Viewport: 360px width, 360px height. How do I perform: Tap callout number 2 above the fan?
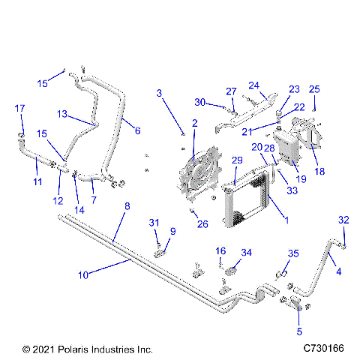194,122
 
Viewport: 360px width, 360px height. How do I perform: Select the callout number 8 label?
127,205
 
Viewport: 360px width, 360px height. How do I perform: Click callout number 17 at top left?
19,109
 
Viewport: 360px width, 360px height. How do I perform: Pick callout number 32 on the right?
344,220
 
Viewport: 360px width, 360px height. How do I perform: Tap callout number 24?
254,85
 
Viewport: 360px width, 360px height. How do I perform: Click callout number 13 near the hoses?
63,114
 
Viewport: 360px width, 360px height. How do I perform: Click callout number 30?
199,103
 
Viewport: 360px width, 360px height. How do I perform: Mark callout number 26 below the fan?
202,223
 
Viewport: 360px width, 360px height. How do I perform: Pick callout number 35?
293,253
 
